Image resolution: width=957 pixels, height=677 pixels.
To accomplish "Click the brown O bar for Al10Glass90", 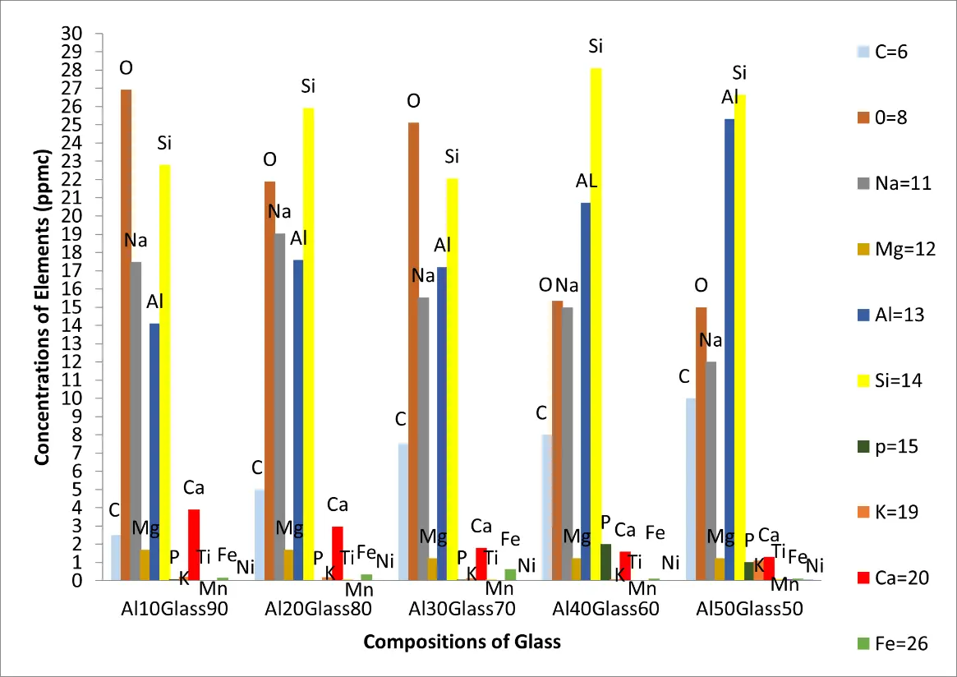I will tap(126, 329).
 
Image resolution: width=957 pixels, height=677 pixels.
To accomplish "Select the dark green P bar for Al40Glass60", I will tap(606, 562).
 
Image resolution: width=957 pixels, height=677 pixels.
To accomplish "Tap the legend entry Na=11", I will tap(896, 183).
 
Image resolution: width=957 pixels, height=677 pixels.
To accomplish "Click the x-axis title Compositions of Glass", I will tap(462, 642).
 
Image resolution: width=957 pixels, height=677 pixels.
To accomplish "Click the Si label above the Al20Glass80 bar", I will tap(308, 85).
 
